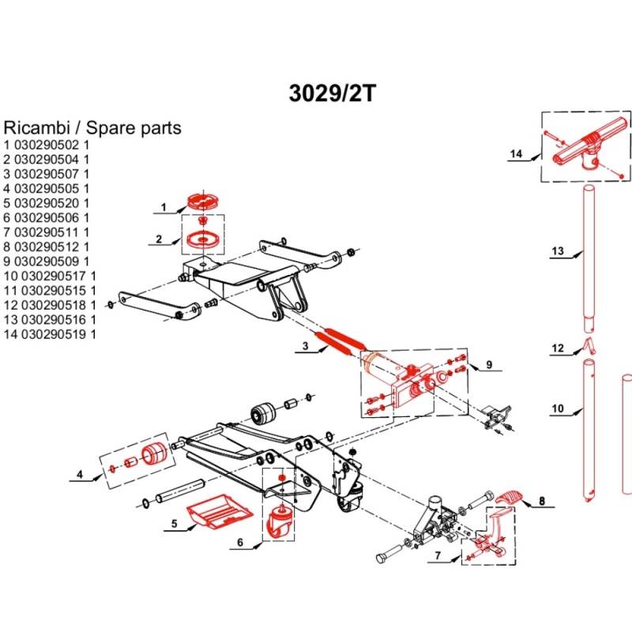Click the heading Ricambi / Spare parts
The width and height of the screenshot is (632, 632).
[92, 127]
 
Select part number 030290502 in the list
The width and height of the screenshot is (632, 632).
[48, 145]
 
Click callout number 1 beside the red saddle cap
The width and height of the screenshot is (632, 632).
[164, 209]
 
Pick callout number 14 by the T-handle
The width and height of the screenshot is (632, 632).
[517, 154]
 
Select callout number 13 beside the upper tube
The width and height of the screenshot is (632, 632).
[558, 252]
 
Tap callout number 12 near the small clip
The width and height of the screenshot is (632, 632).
[558, 348]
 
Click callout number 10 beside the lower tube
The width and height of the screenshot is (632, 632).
[558, 409]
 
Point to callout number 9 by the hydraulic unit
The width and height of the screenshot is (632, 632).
[489, 365]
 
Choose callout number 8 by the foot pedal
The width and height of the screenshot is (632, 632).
[542, 501]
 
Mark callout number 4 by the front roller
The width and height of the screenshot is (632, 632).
[80, 475]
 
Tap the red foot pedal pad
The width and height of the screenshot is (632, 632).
[511, 496]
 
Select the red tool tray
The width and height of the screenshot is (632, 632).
[217, 512]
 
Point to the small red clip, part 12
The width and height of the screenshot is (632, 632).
[589, 344]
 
